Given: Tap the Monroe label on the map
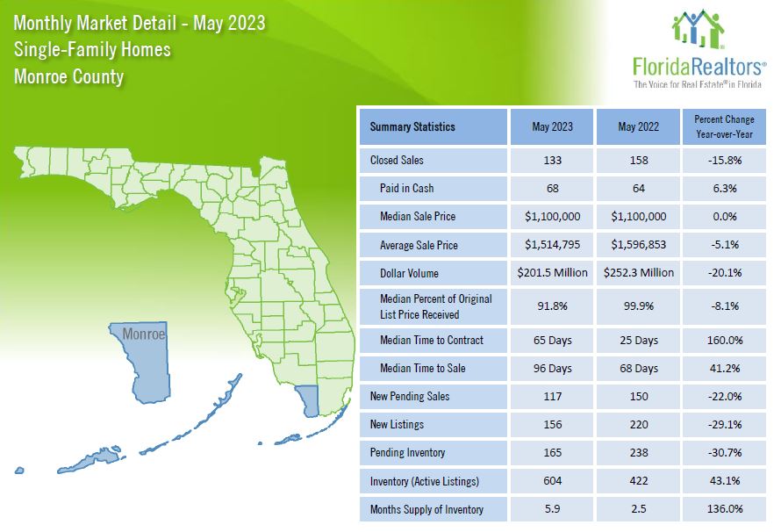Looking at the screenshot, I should pyautogui.click(x=143, y=334).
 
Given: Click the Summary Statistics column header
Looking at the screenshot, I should pyautogui.click(x=412, y=127).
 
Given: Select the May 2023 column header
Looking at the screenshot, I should pyautogui.click(x=552, y=127).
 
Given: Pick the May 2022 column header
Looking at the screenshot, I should pyautogui.click(x=638, y=127).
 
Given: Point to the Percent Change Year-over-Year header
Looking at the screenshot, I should pyautogui.click(x=724, y=127).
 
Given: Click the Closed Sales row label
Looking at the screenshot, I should pyautogui.click(x=399, y=161).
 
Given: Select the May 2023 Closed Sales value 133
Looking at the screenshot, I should pyautogui.click(x=552, y=161).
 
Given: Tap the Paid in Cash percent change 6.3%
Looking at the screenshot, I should pyautogui.click(x=724, y=189).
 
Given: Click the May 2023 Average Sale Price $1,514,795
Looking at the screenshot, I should pyautogui.click(x=552, y=245).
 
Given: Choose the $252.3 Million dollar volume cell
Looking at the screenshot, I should pyautogui.click(x=638, y=273).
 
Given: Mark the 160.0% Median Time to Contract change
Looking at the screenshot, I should pyautogui.click(x=724, y=340).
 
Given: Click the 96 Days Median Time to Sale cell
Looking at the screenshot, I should pyautogui.click(x=552, y=368).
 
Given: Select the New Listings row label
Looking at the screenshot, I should pyautogui.click(x=397, y=425).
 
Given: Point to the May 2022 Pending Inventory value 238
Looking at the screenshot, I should pyautogui.click(x=638, y=453).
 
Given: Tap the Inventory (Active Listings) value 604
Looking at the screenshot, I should pyautogui.click(x=552, y=481).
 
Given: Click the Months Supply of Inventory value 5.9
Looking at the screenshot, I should pyautogui.click(x=552, y=509).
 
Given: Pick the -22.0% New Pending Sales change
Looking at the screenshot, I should pyautogui.click(x=724, y=397).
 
